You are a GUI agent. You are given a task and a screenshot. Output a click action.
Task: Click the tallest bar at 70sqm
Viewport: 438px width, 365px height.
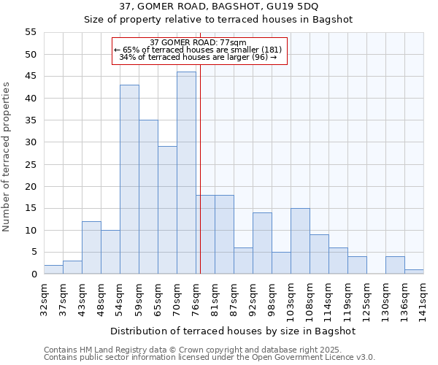(x=186, y=173)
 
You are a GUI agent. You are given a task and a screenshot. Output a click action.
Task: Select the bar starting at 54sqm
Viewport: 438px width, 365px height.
(x=129, y=180)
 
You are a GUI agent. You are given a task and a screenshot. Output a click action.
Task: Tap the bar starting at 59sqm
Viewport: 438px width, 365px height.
(x=148, y=197)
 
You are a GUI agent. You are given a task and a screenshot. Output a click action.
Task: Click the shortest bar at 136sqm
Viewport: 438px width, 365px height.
(x=414, y=272)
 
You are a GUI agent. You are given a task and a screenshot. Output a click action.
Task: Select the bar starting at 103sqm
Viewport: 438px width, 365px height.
(x=300, y=241)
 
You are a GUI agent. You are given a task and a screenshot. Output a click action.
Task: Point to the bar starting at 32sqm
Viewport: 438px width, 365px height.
(x=53, y=269)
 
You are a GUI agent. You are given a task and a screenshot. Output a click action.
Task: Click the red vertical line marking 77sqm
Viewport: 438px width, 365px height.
(x=200, y=168)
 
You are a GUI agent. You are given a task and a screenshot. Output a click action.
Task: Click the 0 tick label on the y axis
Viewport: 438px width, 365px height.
(x=33, y=274)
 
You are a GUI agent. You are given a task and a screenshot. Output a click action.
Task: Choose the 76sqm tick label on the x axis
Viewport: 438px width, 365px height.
(x=196, y=297)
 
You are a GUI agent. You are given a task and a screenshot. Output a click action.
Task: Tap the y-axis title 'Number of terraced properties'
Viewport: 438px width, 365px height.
(x=7, y=157)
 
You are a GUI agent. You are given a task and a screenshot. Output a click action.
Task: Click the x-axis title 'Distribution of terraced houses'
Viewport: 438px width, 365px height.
(x=233, y=331)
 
